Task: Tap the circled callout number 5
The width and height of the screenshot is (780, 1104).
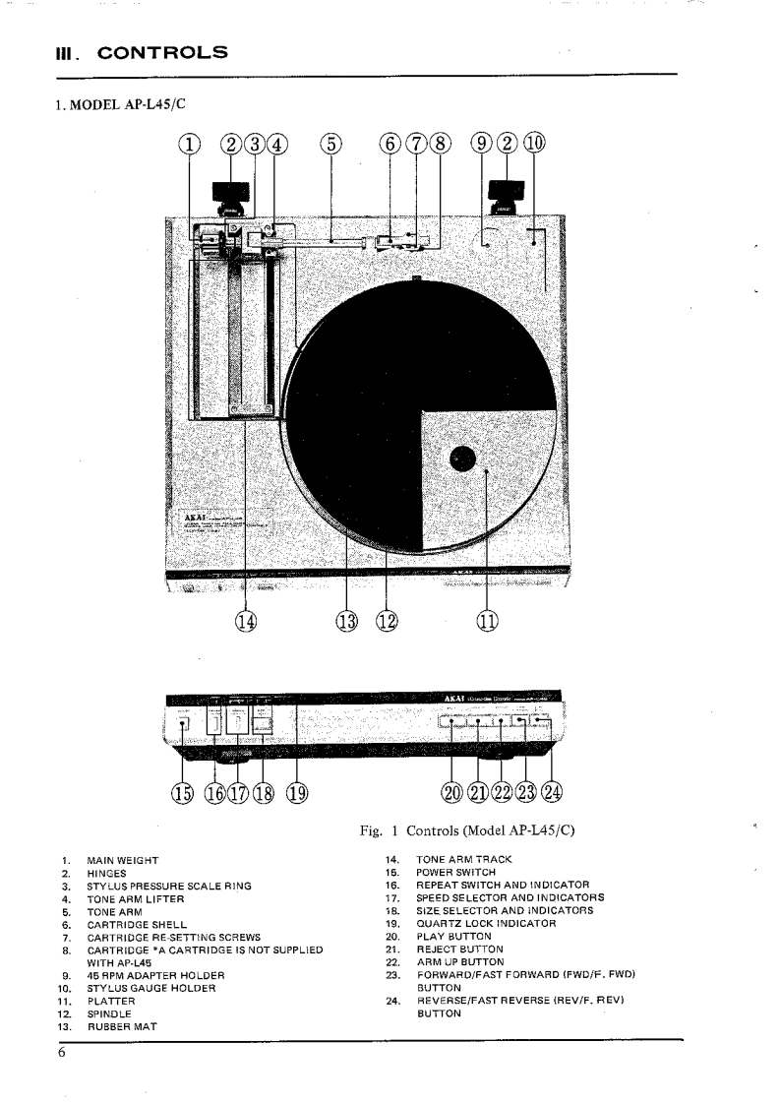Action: click(331, 145)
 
